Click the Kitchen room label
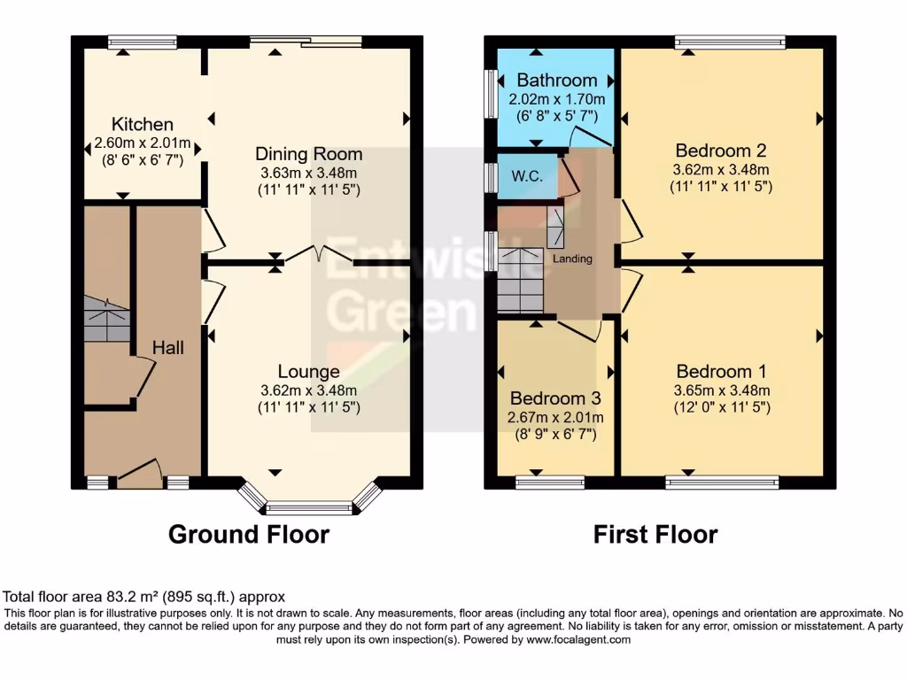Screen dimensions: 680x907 (142, 124)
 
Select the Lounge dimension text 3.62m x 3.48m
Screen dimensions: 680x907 (308, 390)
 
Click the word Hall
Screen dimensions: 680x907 (167, 348)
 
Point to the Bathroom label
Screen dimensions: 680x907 (557, 81)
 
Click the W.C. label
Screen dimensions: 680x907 (527, 176)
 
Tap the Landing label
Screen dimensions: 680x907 (572, 259)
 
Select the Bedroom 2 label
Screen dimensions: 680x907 (720, 150)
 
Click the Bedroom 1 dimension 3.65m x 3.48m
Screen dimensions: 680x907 (721, 390)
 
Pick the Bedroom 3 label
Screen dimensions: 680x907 (556, 397)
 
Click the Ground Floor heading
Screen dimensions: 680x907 (249, 535)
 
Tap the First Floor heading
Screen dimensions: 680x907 (655, 535)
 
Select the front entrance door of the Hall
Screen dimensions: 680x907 (139, 474)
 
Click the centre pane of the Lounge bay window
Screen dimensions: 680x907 (309, 508)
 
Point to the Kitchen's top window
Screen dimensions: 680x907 (142, 41)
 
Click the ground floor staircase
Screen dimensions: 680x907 (106, 320)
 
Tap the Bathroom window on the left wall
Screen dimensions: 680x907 (491, 92)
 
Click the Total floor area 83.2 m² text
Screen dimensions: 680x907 (144, 598)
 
